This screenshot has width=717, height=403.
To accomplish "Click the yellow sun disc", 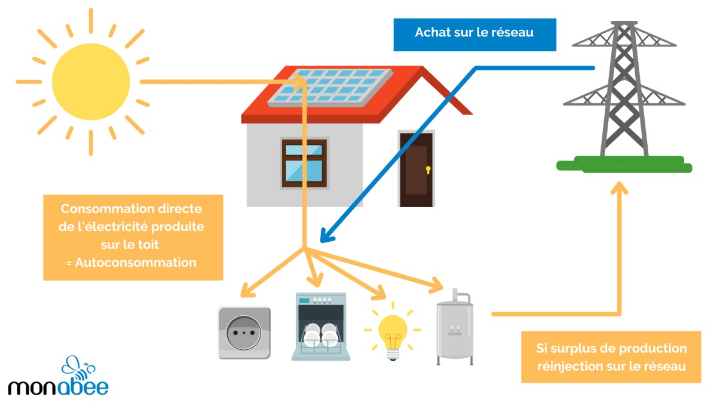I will coord(91,81).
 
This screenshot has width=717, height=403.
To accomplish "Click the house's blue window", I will coord(304,162).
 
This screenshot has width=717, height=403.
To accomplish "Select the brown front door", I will coord(416,170).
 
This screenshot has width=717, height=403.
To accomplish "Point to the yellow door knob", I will coord(428,170).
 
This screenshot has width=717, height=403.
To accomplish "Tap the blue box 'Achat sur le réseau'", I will coord(474,33).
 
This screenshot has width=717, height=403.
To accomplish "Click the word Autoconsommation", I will coord(136,262).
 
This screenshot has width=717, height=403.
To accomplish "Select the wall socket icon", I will coord(244,333).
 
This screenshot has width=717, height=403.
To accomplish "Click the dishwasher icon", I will coord(321,327).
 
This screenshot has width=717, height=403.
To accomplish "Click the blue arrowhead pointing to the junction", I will coord(323,237).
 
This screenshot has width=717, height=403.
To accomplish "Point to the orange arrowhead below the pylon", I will coord(620,189).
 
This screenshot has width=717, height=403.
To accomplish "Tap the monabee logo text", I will coord(58,386).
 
